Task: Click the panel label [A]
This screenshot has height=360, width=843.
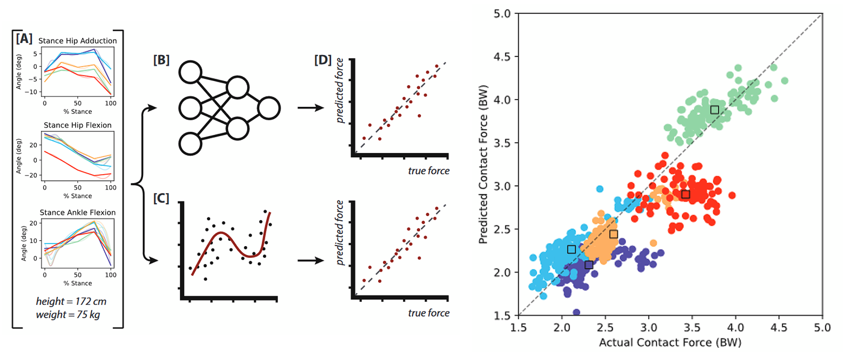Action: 24,38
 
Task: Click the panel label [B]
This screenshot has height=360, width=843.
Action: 161,60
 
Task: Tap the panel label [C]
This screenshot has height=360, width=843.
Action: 161,198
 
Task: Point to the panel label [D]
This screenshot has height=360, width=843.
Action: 323,60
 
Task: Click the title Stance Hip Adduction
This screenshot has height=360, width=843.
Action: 78,41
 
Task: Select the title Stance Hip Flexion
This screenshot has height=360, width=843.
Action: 78,125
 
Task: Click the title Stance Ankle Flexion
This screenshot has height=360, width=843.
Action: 78,212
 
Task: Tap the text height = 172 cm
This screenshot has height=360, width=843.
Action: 71,301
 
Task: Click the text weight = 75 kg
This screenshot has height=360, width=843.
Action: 68,314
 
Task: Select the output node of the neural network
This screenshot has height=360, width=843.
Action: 269,108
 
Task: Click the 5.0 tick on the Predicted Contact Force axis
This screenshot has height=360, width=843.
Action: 502,14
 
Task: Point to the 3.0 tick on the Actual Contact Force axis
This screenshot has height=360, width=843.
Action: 649,327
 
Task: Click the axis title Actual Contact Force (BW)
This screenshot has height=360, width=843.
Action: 670,342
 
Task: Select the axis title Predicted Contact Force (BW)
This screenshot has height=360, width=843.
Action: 483,164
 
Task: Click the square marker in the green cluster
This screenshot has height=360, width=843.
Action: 715,110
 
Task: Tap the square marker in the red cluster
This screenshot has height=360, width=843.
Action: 685,194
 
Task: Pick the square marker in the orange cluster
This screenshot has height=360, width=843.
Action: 613,234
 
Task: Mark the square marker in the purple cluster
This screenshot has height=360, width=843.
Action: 589,265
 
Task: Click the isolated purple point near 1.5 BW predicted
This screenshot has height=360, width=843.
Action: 576,312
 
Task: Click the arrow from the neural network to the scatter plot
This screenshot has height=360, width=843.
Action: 311,108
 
